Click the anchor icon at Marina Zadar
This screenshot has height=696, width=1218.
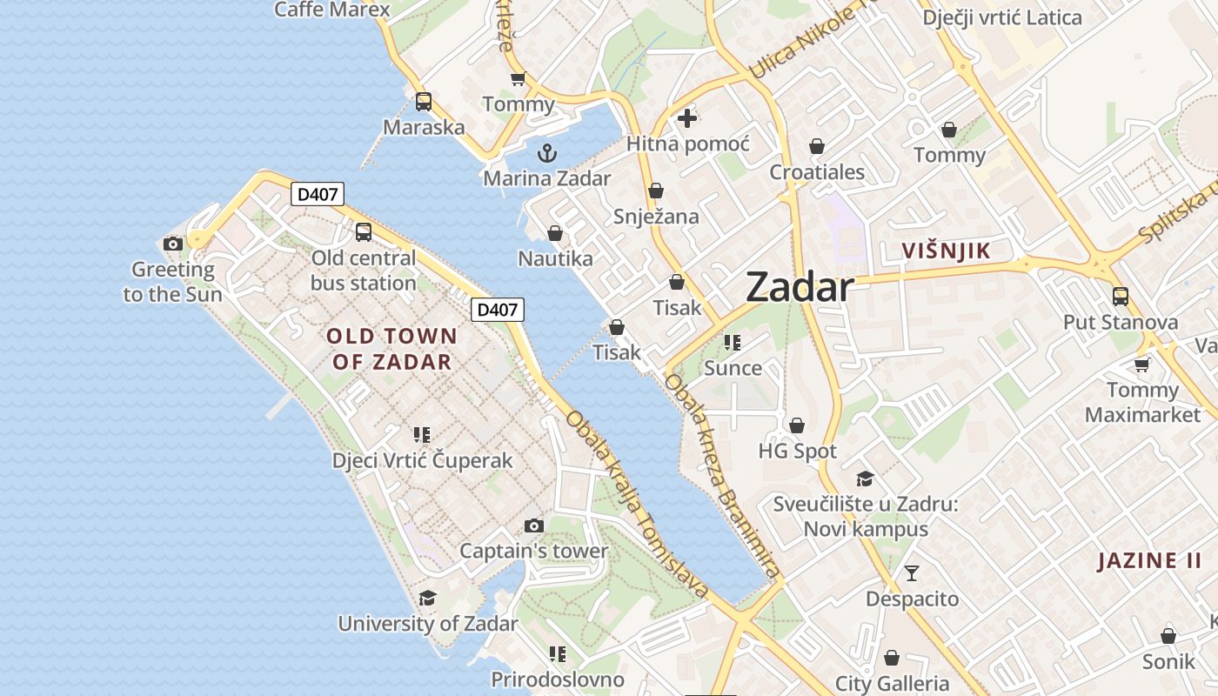547,154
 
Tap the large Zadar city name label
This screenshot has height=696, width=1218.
800,287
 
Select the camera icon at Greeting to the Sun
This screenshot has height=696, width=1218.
173,244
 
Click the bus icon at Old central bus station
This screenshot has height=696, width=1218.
364,232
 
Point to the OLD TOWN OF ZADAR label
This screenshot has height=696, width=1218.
391,349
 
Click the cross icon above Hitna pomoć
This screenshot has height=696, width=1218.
687,117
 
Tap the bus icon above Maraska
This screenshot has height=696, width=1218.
424,102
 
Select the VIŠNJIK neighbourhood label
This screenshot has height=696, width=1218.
946,251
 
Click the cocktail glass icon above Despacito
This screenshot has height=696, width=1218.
912,572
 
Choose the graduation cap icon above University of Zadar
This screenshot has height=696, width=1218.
427,598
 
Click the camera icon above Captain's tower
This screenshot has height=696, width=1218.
534,525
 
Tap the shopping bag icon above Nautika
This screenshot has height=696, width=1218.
555,233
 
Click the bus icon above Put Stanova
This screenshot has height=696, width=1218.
1121,296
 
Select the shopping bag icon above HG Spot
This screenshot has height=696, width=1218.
797,425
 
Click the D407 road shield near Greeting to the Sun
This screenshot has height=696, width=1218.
317,194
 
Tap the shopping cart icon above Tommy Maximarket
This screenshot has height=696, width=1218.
1141,365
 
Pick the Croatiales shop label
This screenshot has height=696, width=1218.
817,172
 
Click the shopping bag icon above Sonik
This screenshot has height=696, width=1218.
1168,636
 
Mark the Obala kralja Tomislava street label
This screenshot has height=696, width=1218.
638,505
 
